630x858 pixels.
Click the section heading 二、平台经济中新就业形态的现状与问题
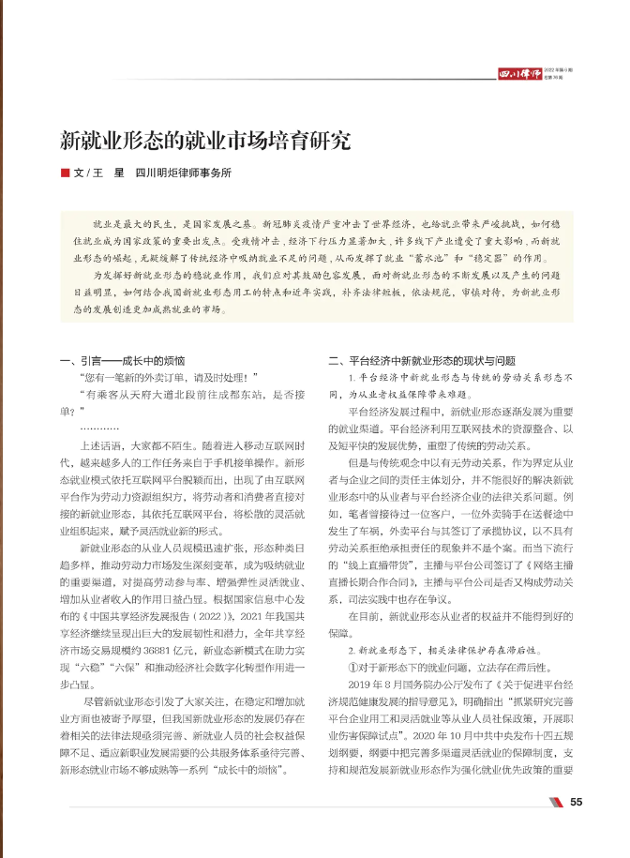422,359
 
